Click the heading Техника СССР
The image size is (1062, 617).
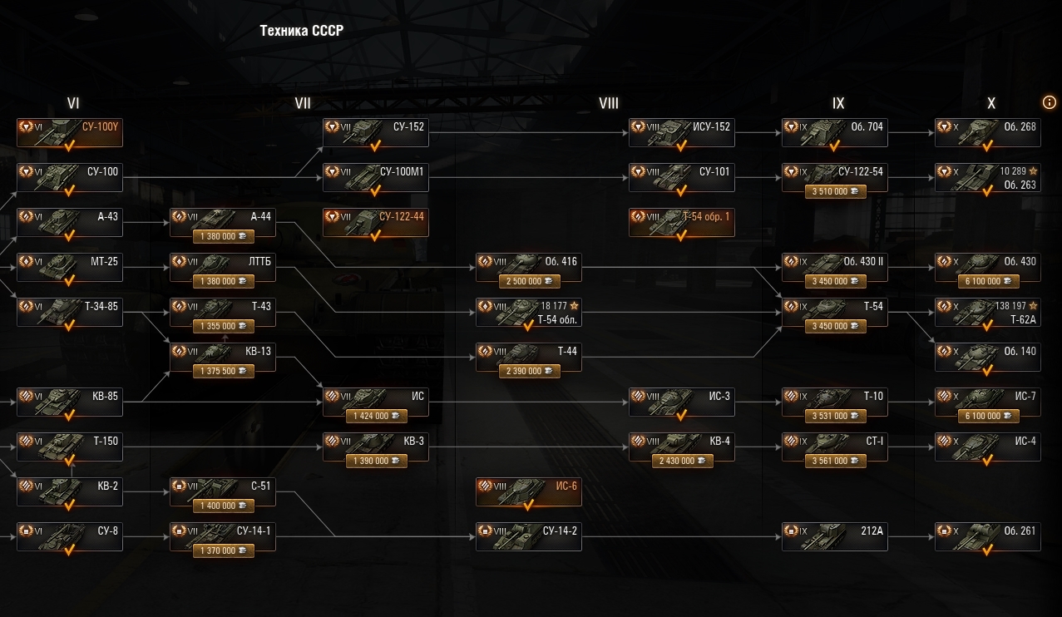tap(301, 31)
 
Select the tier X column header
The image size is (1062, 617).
tap(990, 103)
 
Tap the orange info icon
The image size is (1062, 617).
tap(1049, 101)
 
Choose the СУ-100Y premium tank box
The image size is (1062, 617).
tap(70, 133)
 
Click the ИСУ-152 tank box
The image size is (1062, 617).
tap(681, 133)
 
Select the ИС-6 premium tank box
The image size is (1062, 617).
tap(528, 492)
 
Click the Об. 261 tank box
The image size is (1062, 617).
tap(987, 537)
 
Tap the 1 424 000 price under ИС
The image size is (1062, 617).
tap(376, 416)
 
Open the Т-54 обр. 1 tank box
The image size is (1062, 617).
tap(681, 223)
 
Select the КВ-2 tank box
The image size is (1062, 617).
tap(70, 492)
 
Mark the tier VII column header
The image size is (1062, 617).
tap(303, 103)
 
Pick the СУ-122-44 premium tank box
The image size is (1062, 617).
tap(375, 223)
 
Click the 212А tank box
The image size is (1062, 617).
tap(834, 537)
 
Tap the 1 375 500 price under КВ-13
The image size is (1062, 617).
tap(223, 371)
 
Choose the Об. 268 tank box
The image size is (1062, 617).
tap(987, 133)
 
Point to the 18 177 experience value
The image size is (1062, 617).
tap(553, 306)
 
